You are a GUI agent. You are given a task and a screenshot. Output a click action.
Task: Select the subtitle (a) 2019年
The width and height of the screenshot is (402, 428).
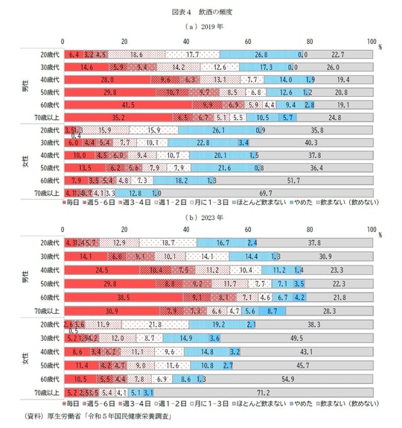point(201,27)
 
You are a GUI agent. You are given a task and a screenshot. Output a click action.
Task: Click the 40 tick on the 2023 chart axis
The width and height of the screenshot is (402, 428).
point(185,231)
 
